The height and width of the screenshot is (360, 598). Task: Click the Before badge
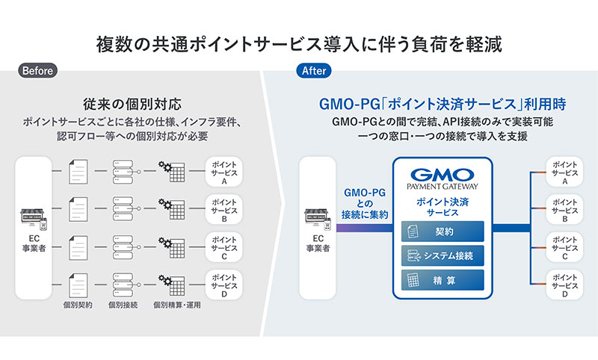click(x=37, y=70)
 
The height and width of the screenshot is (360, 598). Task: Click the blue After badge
click(x=313, y=70)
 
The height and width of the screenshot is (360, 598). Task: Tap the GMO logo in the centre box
click(x=443, y=175)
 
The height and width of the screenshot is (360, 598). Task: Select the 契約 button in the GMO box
click(x=443, y=232)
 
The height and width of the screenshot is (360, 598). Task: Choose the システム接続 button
click(x=443, y=255)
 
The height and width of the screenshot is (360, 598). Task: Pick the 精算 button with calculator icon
click(x=443, y=280)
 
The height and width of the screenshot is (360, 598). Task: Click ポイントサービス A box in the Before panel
click(x=224, y=173)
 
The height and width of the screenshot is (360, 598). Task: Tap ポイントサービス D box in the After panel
click(x=564, y=285)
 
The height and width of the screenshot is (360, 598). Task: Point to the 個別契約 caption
click(x=78, y=305)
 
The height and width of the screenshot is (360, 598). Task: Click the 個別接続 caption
click(x=123, y=305)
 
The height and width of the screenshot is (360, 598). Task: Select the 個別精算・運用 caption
click(x=177, y=305)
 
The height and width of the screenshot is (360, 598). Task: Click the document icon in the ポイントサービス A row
click(x=78, y=172)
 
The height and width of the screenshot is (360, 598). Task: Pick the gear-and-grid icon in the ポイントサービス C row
click(x=172, y=247)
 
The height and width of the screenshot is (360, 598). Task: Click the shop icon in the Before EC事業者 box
click(x=34, y=219)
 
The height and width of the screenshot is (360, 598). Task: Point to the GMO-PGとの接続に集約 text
click(x=365, y=203)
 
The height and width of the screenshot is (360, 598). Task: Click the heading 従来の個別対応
click(x=132, y=104)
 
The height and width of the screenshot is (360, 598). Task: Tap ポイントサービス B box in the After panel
click(x=564, y=210)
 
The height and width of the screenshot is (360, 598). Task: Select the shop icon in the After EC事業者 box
click(x=317, y=219)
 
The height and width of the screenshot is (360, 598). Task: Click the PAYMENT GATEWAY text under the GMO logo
click(x=443, y=186)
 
